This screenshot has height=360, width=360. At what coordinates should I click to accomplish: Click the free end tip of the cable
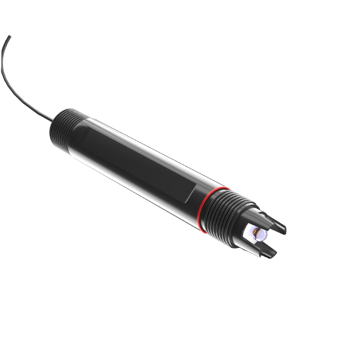(x=9, y=36)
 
